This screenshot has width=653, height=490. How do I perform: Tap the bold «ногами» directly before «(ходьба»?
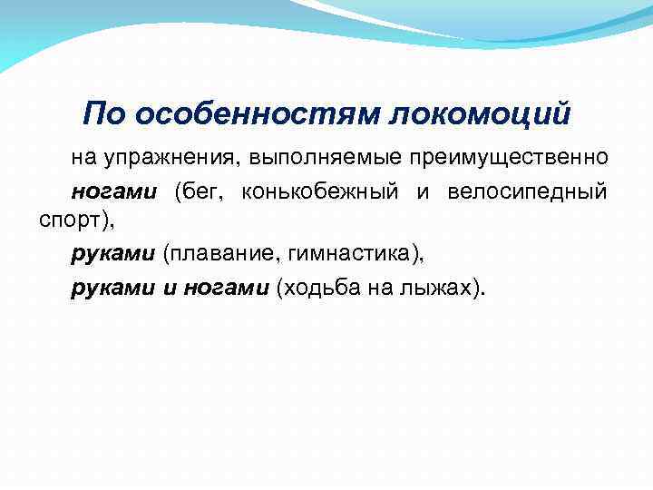coord(226,288)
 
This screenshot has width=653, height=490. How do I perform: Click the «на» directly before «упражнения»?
coord(83,158)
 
